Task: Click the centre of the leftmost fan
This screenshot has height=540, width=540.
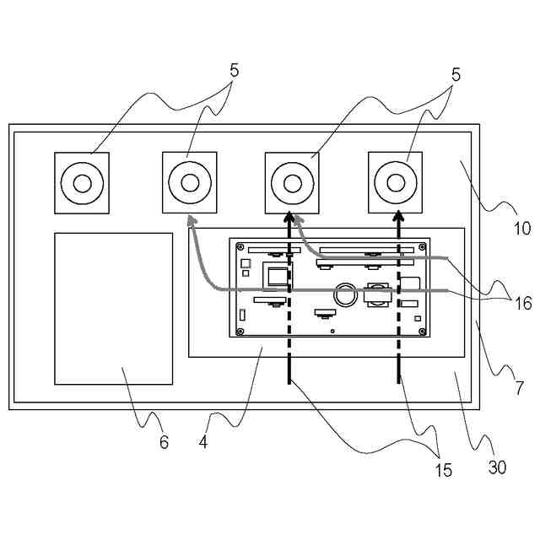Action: (82, 182)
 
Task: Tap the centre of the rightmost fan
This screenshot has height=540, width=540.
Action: (396, 181)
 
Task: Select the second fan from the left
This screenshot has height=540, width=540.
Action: (189, 181)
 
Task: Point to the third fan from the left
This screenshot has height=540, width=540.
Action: (292, 182)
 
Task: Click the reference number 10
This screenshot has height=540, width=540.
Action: (521, 228)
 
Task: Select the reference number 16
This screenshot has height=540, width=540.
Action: (522, 304)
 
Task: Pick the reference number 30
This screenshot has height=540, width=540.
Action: (497, 467)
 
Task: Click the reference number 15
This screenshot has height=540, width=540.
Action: (442, 470)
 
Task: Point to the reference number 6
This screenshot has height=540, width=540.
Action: (164, 442)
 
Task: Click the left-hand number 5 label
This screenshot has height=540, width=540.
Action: (234, 71)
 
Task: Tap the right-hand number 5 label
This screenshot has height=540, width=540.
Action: (456, 74)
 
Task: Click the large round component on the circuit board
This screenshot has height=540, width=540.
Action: (345, 294)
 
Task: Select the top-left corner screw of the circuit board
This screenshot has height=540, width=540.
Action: (241, 248)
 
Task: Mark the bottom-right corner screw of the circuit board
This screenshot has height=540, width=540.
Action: (421, 330)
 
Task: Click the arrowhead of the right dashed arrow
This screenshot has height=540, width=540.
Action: (398, 219)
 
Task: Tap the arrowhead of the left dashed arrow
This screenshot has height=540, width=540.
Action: (289, 219)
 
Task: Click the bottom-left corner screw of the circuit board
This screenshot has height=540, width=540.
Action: (241, 330)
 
